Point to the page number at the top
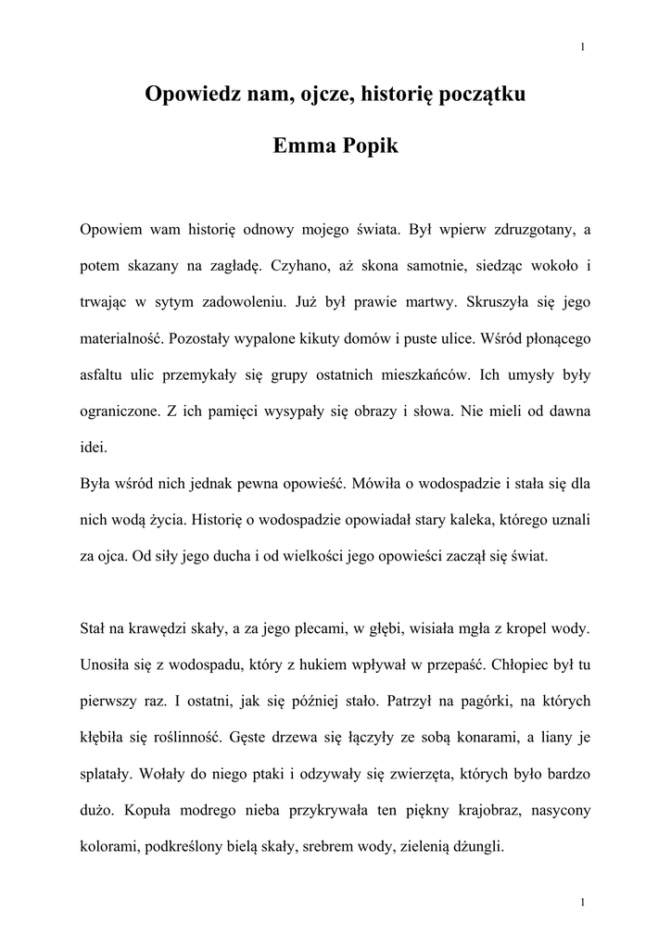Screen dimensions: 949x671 point(581,48)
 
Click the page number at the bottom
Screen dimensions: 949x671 point(581,903)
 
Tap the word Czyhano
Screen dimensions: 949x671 point(301,265)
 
